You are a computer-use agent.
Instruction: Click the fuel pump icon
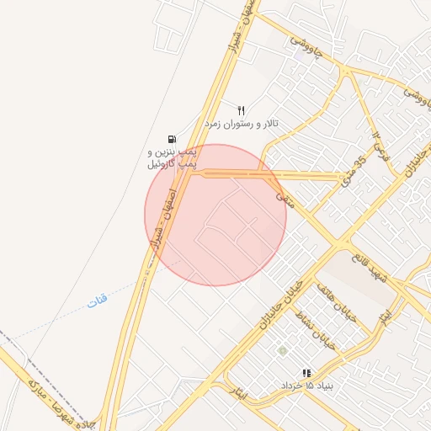173,140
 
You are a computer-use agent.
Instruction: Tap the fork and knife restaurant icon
242,110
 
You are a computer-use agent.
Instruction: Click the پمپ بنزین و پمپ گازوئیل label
173,157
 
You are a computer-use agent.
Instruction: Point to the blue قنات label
98,299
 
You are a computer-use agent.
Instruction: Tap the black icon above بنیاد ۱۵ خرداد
306,372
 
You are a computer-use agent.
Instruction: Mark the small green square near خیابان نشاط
283,350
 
